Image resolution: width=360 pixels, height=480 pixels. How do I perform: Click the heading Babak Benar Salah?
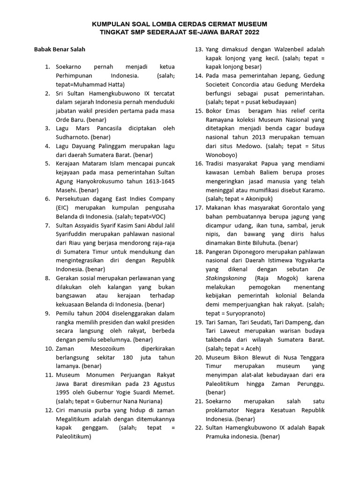(x=59, y=49)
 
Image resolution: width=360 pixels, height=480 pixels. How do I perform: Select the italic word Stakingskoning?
(x=227, y=278)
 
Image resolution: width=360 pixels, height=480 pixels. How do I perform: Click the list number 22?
(x=198, y=427)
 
